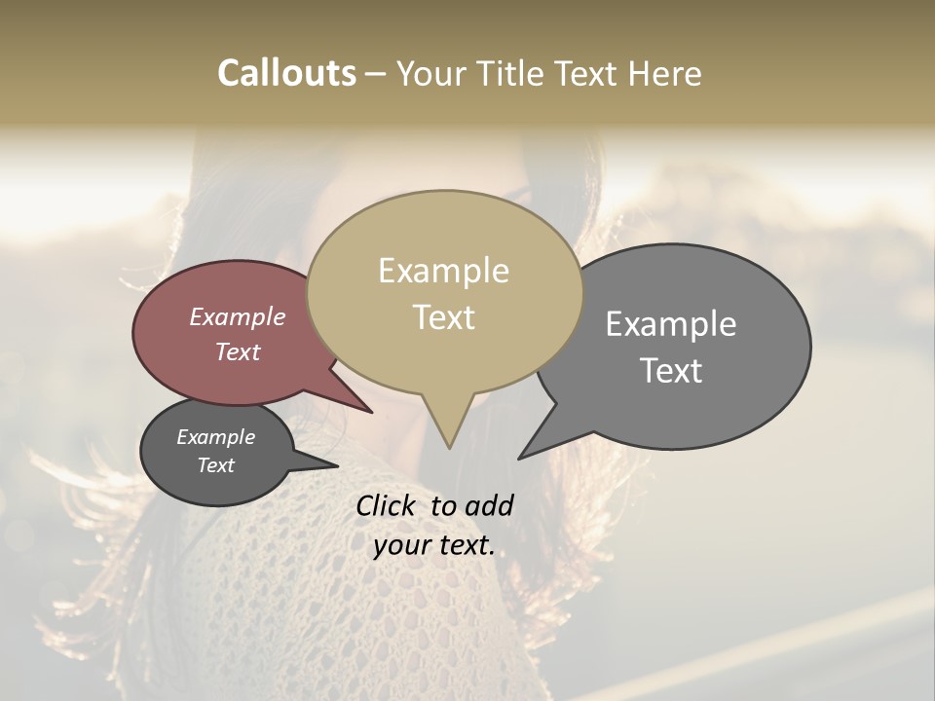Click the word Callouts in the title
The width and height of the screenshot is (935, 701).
(x=286, y=73)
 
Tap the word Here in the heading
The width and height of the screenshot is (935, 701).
(x=665, y=73)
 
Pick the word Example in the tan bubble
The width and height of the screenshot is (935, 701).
(x=443, y=271)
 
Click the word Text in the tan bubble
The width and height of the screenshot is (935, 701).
(x=443, y=317)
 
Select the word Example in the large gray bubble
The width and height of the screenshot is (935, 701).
(x=671, y=324)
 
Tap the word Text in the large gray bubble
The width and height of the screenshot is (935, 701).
(x=671, y=371)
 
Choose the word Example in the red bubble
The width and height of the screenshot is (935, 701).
(x=238, y=316)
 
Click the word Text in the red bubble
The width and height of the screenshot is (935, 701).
(x=238, y=351)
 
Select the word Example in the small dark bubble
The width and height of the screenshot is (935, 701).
(x=216, y=437)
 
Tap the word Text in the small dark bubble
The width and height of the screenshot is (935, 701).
(x=216, y=465)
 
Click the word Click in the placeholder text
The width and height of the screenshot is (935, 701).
(x=387, y=506)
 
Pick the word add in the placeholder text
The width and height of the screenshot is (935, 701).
(x=489, y=506)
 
